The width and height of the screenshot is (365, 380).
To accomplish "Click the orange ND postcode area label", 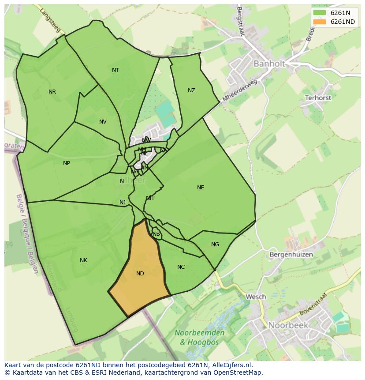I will (x=140, y=274).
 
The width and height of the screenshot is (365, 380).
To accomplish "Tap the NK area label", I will (x=83, y=260).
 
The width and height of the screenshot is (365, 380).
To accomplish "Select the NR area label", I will (x=52, y=92).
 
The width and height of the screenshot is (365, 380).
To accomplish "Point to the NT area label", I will (x=115, y=70).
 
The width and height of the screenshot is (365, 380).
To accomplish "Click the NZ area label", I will (x=191, y=90).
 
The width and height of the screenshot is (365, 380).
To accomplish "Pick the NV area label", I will (x=103, y=122).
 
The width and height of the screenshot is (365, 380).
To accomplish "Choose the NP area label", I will (x=67, y=163).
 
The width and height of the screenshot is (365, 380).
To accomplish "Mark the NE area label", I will (x=201, y=188).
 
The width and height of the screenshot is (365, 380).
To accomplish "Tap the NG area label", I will (x=215, y=245).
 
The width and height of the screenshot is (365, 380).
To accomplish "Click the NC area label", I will (x=181, y=267).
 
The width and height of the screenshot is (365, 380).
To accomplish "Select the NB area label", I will (x=156, y=234).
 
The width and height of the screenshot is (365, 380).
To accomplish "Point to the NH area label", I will (x=150, y=198).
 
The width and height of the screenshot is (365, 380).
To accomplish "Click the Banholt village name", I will (x=269, y=64).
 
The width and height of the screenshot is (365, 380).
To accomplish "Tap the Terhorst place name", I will (x=318, y=98).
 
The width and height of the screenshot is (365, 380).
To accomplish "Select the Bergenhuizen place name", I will (x=291, y=255).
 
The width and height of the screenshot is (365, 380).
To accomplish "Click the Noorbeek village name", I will (x=288, y=325).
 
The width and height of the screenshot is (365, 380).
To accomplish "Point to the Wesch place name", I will (x=256, y=297).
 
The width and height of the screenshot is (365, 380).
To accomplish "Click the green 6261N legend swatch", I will (x=320, y=13).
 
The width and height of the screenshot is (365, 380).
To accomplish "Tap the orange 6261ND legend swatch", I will (x=320, y=22).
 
